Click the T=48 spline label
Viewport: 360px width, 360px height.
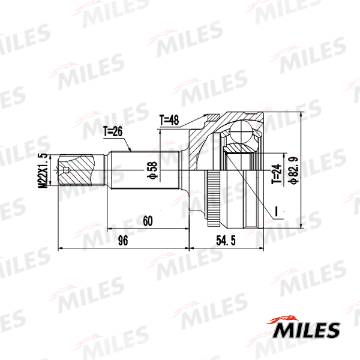coord(169,120)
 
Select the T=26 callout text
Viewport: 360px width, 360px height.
coord(113,131)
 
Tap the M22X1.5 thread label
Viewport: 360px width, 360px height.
coord(43,170)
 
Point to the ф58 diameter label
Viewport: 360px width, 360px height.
coord(152,170)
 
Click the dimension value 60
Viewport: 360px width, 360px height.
coord(148,221)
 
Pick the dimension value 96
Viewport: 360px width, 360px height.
coord(123,241)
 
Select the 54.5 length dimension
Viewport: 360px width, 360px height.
coord(226,241)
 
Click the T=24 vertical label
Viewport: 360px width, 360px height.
coord(277,174)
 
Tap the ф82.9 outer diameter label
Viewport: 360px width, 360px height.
coord(294,170)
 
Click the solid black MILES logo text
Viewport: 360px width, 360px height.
coord(306,330)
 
